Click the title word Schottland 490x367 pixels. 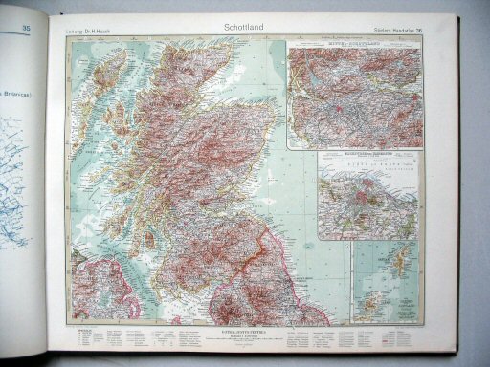[x=242, y=29]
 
